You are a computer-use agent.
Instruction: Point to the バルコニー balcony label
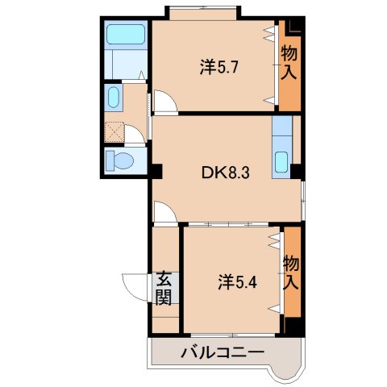pyautogui.click(x=223, y=352)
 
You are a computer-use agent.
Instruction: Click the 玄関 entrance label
pyautogui.click(x=164, y=289)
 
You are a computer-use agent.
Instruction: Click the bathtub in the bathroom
pyautogui.click(x=125, y=35)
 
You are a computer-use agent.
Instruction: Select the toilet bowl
pyautogui.click(x=120, y=160)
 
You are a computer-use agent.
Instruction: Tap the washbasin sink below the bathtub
pyautogui.click(x=113, y=99)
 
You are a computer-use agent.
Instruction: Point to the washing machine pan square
pyautogui.click(x=115, y=131)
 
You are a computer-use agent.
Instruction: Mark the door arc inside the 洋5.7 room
pyautogui.click(x=164, y=103)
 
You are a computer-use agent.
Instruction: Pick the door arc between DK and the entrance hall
pyautogui.click(x=163, y=214)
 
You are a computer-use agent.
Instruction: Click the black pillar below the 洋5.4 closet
pyautogui.click(x=292, y=327)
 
